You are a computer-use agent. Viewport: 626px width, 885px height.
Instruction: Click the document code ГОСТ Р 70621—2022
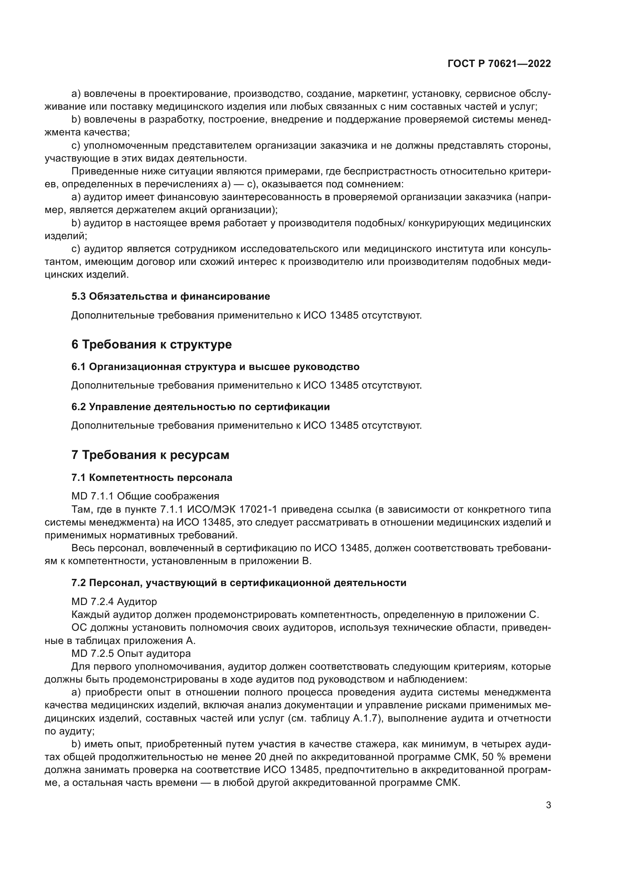point(499,64)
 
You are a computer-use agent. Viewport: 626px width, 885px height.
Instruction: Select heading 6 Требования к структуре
point(151,344)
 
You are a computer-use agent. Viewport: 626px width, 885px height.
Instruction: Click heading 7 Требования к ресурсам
point(150,455)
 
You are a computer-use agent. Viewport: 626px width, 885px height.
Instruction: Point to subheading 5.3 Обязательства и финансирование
point(170,296)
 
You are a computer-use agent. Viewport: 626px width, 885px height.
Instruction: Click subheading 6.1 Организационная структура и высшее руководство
point(215,367)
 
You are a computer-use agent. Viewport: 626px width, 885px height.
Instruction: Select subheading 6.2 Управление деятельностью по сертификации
point(201,407)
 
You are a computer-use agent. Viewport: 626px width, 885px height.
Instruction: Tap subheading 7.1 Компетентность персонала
point(151,477)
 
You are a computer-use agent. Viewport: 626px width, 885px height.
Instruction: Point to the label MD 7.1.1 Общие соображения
point(145,496)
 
